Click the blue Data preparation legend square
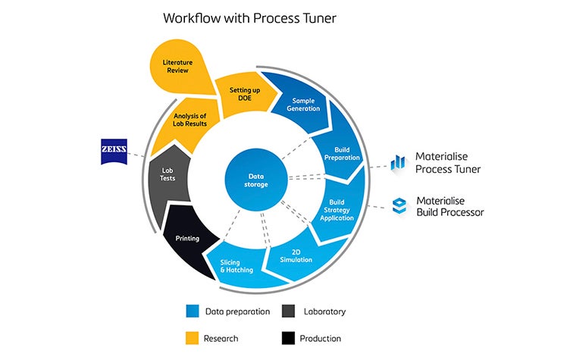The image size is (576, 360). click(x=192, y=311)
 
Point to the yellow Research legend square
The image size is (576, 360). click(x=192, y=338)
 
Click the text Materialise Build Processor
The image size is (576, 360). click(x=450, y=206)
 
